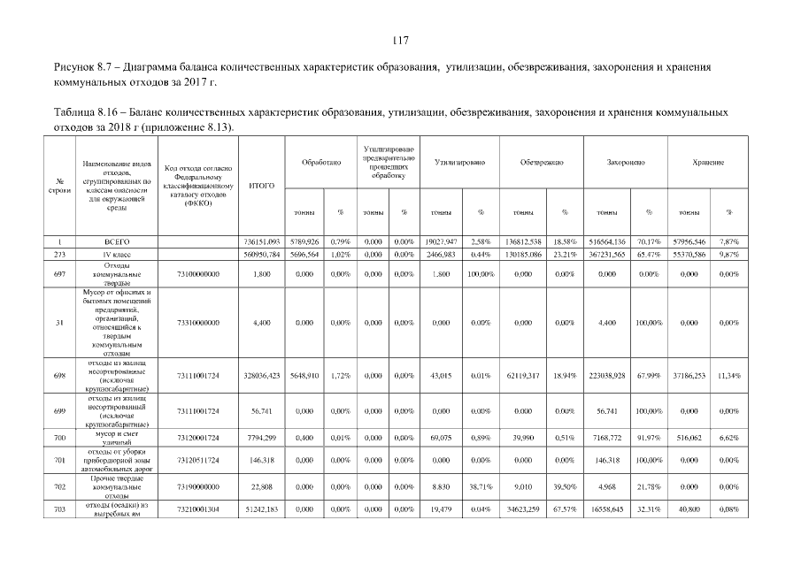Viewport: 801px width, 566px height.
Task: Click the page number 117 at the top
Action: pyautogui.click(x=399, y=40)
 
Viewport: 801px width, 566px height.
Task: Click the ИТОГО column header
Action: pyautogui.click(x=261, y=186)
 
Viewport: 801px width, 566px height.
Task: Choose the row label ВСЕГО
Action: pyautogui.click(x=117, y=241)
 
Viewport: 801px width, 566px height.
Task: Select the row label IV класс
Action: pyautogui.click(x=117, y=254)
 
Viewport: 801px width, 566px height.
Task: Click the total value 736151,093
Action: pyautogui.click(x=261, y=241)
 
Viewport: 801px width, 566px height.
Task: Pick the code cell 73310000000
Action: pyautogui.click(x=198, y=324)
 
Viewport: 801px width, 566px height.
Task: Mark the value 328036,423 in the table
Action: pyautogui.click(x=261, y=376)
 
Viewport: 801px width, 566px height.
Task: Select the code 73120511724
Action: pyautogui.click(x=198, y=461)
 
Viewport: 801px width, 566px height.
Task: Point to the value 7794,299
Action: pyautogui.click(x=263, y=438)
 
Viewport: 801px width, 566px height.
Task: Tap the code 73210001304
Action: pyautogui.click(x=198, y=510)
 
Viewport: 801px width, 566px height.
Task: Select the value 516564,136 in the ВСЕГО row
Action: pyautogui.click(x=606, y=241)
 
